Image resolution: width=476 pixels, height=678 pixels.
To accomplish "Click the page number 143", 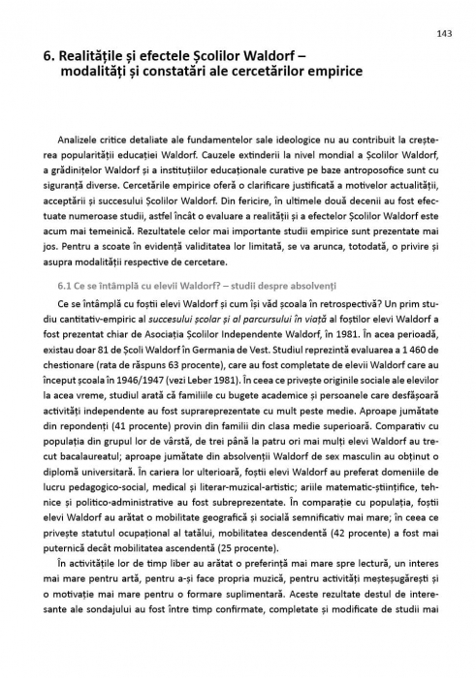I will point(443,33).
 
